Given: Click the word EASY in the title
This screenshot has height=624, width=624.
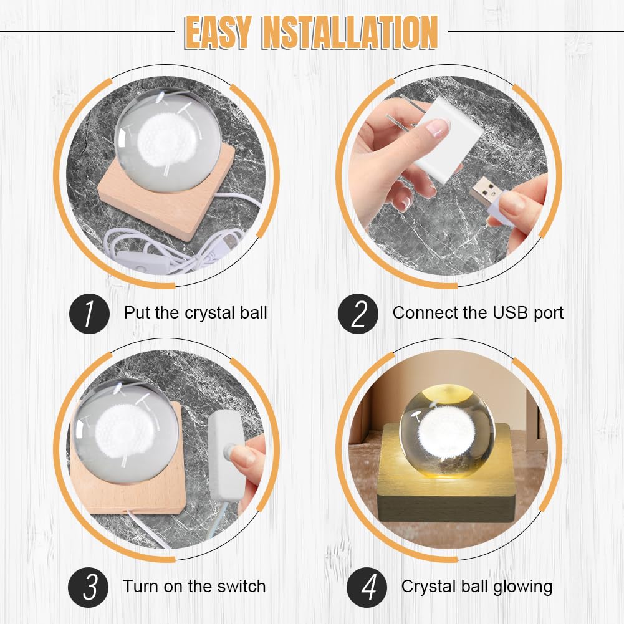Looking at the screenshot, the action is pyautogui.click(x=218, y=32).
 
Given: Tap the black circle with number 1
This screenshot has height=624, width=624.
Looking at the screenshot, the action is pyautogui.click(x=89, y=314).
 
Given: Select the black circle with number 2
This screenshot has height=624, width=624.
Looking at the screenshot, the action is pyautogui.click(x=358, y=314).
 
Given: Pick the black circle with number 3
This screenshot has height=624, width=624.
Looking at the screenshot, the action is pyautogui.click(x=89, y=587).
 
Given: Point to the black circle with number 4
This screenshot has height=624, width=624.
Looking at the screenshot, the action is pyautogui.click(x=367, y=587).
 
